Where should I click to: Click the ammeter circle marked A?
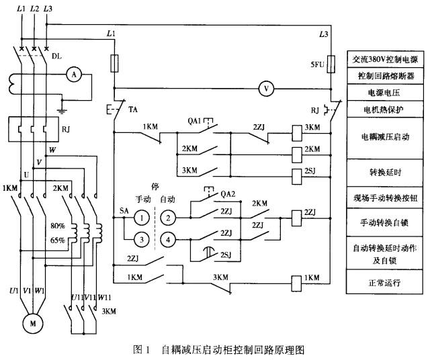[74, 75]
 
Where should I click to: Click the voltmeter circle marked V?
[266, 89]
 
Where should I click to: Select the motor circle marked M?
[33, 324]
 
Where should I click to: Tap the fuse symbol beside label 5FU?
[331, 64]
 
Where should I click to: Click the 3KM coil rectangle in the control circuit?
[297, 133]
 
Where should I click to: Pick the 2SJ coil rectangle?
[297, 176]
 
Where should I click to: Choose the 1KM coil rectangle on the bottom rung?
[297, 283]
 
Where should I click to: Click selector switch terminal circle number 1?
[142, 218]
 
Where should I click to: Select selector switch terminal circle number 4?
[168, 240]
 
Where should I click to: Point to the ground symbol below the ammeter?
[62, 111]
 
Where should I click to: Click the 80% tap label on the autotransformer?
[58, 226]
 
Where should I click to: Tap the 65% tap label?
[58, 240]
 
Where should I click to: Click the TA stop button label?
[133, 109]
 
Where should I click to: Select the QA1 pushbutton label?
[194, 121]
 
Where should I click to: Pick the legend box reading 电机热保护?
[384, 109]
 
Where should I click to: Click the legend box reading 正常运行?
[384, 282]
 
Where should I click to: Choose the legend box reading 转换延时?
[384, 173]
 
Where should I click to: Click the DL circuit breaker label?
[56, 56]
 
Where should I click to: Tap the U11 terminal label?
[77, 298]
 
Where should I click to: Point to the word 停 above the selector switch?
[155, 187]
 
